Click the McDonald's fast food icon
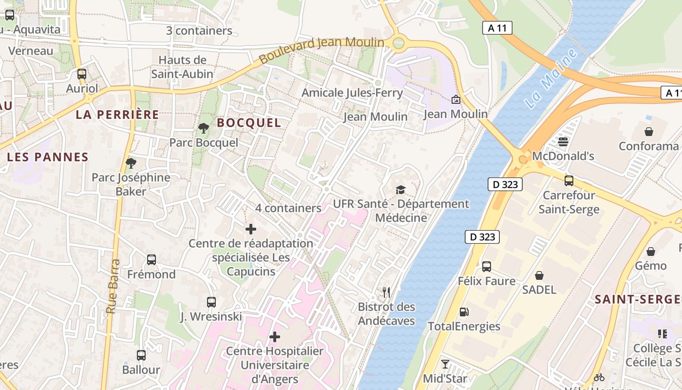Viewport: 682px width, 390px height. [x=563, y=142]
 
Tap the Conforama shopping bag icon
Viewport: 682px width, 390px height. [x=649, y=132]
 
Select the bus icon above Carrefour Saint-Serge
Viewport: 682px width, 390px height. [x=569, y=181]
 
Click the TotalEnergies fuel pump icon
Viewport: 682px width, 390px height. [x=464, y=312]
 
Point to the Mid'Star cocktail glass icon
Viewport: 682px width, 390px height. [x=445, y=364]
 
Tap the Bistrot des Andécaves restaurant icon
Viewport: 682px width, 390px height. [x=386, y=292]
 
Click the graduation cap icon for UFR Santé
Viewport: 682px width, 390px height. [x=400, y=190]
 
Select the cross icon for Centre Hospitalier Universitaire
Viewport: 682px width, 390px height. [x=275, y=337]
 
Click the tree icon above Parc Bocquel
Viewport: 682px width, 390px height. [x=204, y=128]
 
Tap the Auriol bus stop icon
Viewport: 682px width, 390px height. [x=82, y=74]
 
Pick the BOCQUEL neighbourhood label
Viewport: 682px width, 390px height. [x=249, y=123]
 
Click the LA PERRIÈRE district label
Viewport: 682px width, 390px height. [x=117, y=115]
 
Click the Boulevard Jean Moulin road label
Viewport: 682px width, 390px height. [x=322, y=49]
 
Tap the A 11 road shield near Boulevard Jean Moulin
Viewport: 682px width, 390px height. [x=497, y=28]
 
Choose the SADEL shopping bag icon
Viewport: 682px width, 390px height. [x=539, y=275]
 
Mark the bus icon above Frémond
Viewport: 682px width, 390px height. [x=152, y=260]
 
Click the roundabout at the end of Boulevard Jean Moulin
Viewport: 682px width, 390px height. [x=398, y=43]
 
